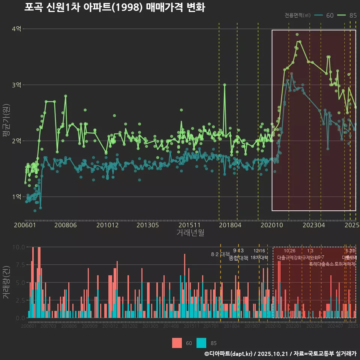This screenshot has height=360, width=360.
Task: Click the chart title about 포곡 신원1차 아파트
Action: coord(114,7)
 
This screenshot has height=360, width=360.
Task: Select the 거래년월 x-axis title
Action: coord(190,232)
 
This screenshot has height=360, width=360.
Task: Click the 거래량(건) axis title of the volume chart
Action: coord(6,282)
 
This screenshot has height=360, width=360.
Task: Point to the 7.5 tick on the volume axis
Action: coord(19,265)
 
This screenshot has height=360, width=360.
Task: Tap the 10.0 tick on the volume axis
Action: coord(18,247)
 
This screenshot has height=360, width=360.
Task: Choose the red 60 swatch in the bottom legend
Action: coord(177,343)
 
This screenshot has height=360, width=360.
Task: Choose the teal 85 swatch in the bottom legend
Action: coord(202,343)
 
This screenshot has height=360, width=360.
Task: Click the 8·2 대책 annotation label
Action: coord(220,254)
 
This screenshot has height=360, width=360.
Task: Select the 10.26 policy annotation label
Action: coord(289,251)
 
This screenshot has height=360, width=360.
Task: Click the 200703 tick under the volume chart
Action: coord(48,326)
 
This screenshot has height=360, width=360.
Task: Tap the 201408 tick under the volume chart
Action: coord(171,326)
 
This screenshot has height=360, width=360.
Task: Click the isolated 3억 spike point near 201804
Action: coord(225,85)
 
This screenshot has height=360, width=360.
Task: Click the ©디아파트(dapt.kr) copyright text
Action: coord(229,354)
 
